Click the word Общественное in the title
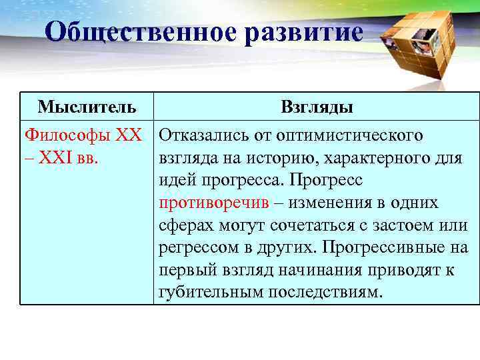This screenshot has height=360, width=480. click(137, 32)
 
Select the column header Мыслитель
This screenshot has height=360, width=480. click(87, 106)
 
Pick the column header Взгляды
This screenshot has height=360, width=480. click(317, 107)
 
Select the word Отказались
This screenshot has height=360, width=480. click(204, 135)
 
